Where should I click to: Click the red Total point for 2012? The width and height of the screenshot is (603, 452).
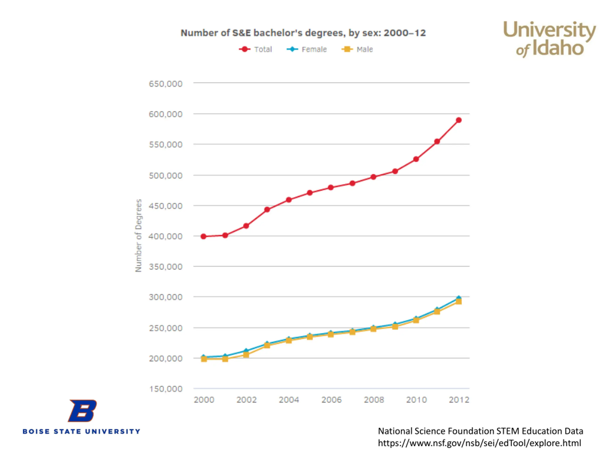(459, 120)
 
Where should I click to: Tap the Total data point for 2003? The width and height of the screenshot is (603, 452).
(267, 210)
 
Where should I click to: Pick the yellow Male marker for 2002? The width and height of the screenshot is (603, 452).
(246, 355)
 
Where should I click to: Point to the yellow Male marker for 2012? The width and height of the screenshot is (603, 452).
(459, 301)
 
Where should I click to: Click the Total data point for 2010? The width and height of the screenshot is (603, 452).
(416, 159)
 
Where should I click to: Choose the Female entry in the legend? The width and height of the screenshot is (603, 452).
(307, 49)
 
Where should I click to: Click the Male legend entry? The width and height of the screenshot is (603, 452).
(358, 49)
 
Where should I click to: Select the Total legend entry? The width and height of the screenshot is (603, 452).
(256, 49)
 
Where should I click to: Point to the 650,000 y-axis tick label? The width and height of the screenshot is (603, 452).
(165, 84)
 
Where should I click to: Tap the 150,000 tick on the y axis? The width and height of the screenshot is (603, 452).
(165, 389)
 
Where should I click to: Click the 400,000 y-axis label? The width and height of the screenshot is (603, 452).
(165, 236)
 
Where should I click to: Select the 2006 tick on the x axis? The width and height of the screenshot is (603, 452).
(331, 400)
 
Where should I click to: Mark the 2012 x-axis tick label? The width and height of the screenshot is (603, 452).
(459, 400)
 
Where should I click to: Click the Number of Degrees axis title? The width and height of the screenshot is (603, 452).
(139, 236)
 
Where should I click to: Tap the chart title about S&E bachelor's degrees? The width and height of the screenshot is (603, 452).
(303, 33)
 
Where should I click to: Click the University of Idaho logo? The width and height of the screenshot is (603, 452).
(549, 39)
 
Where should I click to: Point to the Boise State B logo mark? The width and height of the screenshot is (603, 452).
(82, 411)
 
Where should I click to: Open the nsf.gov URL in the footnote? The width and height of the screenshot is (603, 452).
(479, 443)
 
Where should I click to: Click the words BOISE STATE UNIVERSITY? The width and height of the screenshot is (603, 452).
(81, 431)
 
